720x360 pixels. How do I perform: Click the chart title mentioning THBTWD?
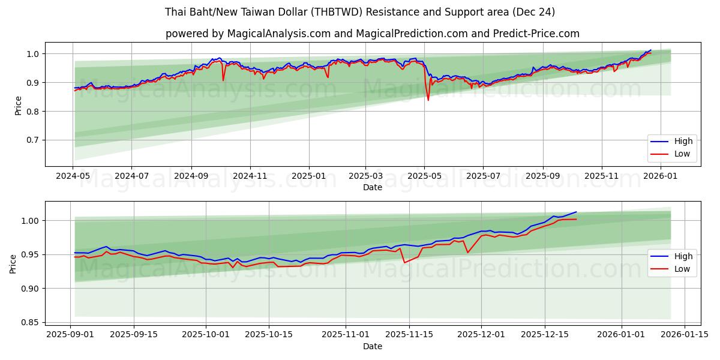[x=360, y=12]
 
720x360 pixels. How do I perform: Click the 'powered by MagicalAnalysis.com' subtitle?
[x=372, y=34]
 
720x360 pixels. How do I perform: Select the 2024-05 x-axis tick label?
[x=73, y=176]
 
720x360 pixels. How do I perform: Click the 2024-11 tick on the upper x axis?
[x=250, y=176]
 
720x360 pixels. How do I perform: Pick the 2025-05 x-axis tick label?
[x=424, y=176]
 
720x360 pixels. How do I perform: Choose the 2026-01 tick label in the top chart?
[x=661, y=176]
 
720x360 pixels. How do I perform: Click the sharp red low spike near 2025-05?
[x=428, y=99]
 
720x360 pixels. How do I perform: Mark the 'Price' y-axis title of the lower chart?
[x=13, y=263]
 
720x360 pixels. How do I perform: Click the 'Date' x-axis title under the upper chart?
[x=372, y=187]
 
